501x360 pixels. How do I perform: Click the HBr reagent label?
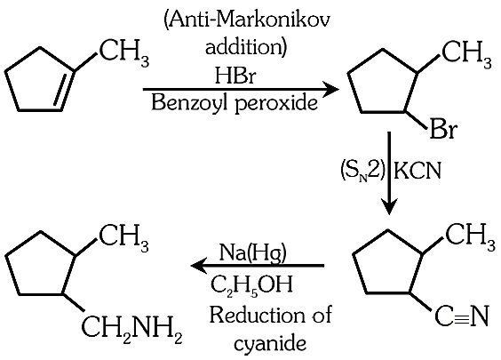coord(235,76)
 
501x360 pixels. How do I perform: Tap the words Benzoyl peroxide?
coord(235,103)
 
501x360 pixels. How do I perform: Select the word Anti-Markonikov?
coord(246,22)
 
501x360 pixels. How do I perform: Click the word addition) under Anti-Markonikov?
coord(246,47)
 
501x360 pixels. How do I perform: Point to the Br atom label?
coord(443,129)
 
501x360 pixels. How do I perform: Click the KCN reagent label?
coord(417,171)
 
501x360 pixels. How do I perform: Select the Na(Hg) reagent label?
coord(253,252)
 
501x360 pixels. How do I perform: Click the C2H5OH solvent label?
coord(251,284)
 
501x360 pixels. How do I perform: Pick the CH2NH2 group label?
coord(132,327)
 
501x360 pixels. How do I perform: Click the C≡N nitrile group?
coord(462,316)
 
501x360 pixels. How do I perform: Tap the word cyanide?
coord(270,343)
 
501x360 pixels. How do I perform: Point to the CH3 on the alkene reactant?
coord(124,53)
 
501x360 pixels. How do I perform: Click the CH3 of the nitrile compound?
coord(470,237)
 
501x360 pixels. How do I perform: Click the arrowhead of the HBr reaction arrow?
coord(332,89)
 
